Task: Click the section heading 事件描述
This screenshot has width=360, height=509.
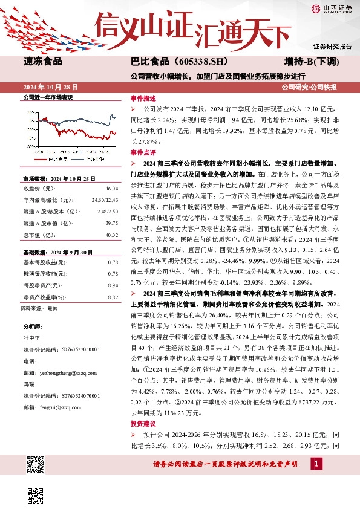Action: click(143, 97)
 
